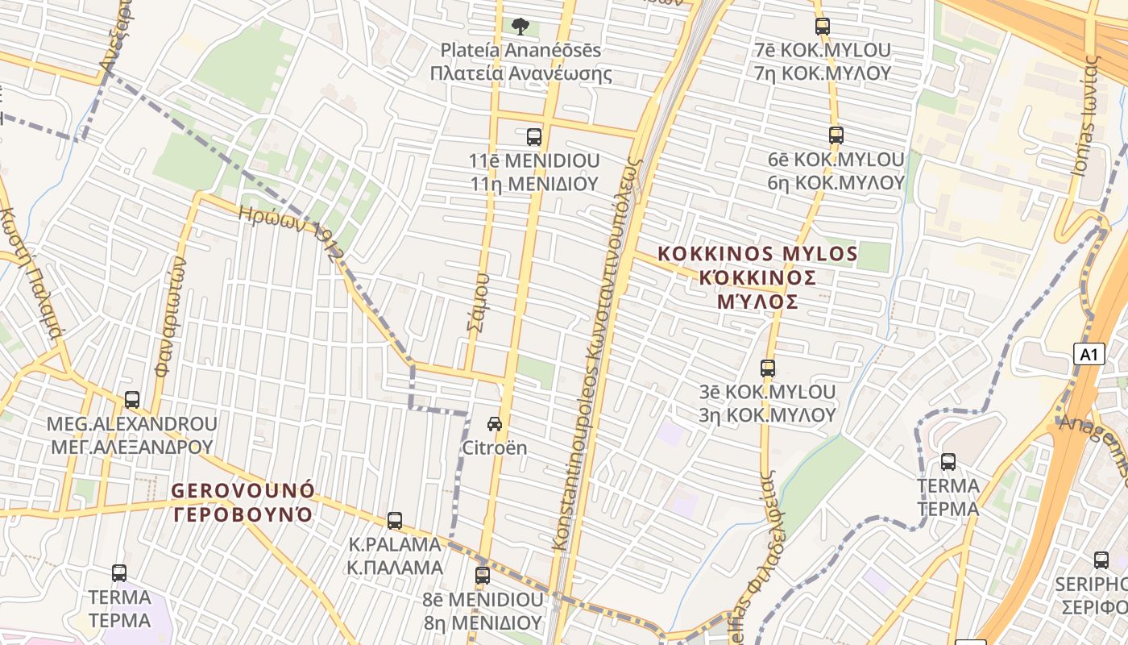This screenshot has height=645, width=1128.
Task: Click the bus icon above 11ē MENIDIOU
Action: click(534, 137)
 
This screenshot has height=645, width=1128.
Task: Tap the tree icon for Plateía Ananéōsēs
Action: click(520, 27)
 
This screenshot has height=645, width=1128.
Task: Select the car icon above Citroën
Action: click(495, 424)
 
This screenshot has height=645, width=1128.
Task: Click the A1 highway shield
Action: click(1089, 354)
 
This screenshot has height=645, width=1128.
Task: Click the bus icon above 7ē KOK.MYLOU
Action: click(823, 27)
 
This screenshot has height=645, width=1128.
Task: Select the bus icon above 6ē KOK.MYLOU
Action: click(836, 135)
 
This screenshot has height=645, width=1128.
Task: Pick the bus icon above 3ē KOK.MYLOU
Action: click(768, 368)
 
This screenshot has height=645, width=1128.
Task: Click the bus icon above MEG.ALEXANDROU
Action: click(132, 400)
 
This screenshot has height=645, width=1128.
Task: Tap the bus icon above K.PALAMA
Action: click(395, 521)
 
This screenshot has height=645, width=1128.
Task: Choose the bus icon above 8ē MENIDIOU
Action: click(483, 576)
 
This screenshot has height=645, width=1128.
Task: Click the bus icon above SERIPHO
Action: click(1101, 560)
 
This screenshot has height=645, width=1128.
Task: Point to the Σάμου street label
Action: click(478, 302)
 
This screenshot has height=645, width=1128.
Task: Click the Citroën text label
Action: click(495, 447)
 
